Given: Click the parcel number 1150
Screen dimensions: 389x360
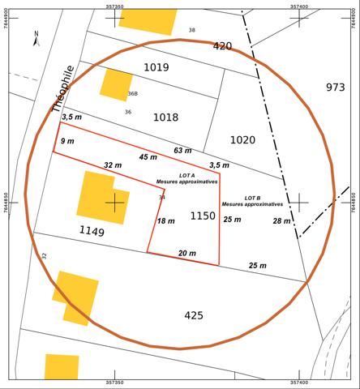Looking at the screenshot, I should (203, 216).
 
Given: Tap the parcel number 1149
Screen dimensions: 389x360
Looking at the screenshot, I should (92, 233).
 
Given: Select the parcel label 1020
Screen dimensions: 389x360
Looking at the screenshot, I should (242, 140).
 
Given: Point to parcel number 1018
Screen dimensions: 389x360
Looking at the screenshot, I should (165, 118).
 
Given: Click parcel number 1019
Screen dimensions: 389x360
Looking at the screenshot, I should (156, 67).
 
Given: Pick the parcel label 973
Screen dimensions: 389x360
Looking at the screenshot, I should (335, 87).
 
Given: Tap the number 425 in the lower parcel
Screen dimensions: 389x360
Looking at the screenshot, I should (194, 315).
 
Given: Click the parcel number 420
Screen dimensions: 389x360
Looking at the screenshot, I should (222, 46).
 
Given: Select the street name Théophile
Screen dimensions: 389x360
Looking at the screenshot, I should (62, 88).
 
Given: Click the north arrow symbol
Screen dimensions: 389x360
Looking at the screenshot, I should (36, 36).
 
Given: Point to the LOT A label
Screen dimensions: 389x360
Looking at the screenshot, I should (176, 178).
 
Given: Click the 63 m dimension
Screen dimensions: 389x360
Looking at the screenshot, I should (183, 151).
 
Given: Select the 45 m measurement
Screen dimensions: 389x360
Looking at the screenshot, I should (148, 157).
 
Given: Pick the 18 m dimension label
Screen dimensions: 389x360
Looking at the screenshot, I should (165, 221).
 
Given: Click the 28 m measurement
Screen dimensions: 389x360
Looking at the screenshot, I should (281, 221).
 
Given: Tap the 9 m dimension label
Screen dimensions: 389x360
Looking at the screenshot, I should (67, 141).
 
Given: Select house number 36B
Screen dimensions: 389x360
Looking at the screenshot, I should (132, 93).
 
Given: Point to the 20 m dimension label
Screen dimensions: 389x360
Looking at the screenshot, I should (186, 254).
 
